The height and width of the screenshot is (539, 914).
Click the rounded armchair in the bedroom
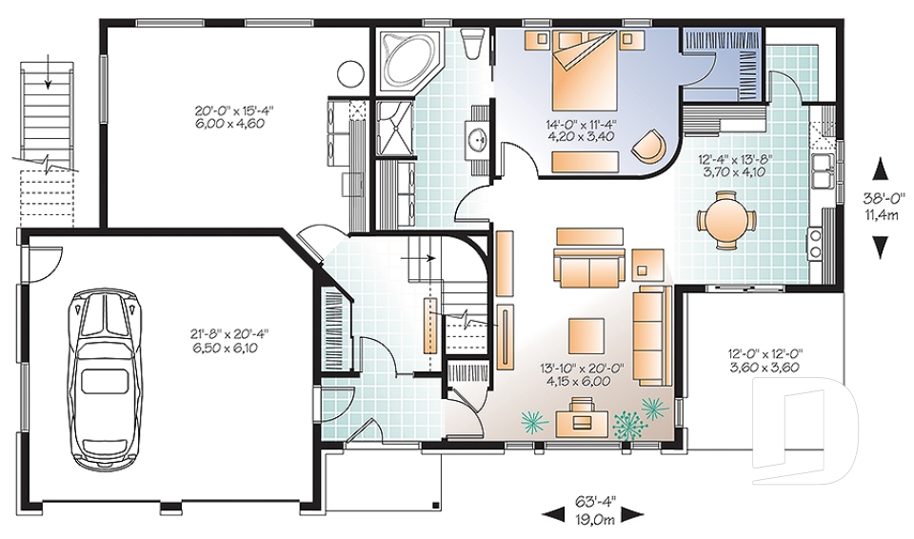pos(650,143)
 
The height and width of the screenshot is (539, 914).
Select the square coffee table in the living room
pos(586,334)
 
